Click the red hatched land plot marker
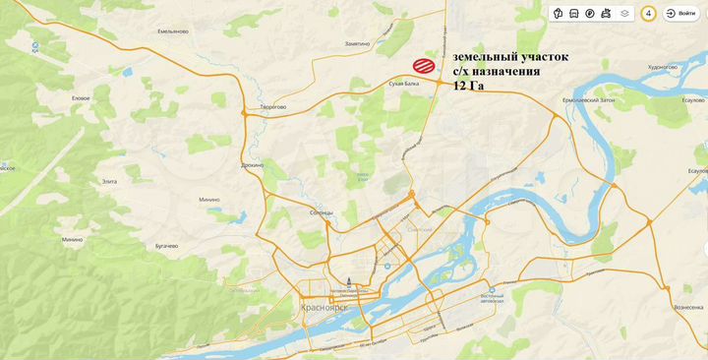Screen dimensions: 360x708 [x=424, y=66]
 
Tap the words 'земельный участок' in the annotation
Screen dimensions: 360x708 [x=509, y=57]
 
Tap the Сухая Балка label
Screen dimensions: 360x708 [x=404, y=87]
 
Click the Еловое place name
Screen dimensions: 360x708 [x=81, y=98]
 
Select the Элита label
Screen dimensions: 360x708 [x=108, y=181]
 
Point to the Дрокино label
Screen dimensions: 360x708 [x=252, y=165]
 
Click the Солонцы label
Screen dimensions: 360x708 [x=322, y=213]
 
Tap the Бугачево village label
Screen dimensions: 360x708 [x=165, y=245]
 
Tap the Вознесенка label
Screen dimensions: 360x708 [x=688, y=307]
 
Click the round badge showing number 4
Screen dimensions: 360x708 [x=648, y=14]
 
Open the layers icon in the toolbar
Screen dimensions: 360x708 [x=624, y=14]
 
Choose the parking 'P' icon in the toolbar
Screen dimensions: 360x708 [x=589, y=14]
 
